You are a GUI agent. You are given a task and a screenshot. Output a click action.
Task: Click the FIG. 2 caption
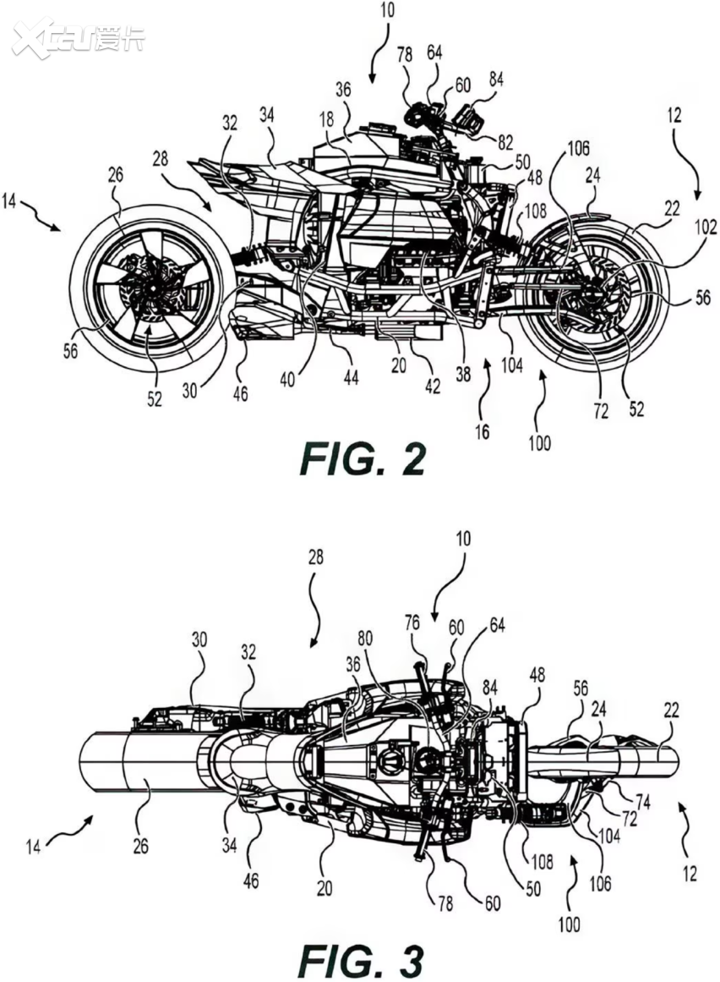[x=363, y=459]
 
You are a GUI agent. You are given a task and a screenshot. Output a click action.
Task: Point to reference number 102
[x=706, y=227]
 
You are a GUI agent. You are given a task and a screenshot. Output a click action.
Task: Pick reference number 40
[x=287, y=380]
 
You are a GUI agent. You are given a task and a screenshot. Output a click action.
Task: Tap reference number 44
[x=351, y=376]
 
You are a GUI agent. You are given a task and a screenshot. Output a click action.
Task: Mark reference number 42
[x=432, y=387]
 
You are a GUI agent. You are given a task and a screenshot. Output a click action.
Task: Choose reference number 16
[x=482, y=431]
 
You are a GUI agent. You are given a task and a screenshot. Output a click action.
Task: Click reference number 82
[x=505, y=142]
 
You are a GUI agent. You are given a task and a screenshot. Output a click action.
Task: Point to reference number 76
[x=412, y=623]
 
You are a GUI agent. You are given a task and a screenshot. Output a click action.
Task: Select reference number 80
[x=365, y=639]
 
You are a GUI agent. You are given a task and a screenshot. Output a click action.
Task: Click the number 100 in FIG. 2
[x=538, y=443]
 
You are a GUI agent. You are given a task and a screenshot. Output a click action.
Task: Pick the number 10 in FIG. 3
[x=464, y=539]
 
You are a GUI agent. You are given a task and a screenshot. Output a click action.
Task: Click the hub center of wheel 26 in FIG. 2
[x=151, y=286]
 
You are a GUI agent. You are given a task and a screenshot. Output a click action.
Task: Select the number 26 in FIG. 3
[x=141, y=846]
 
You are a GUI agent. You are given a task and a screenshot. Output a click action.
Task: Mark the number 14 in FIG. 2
[x=9, y=203]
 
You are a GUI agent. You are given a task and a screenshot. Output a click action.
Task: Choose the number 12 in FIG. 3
[x=690, y=874]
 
